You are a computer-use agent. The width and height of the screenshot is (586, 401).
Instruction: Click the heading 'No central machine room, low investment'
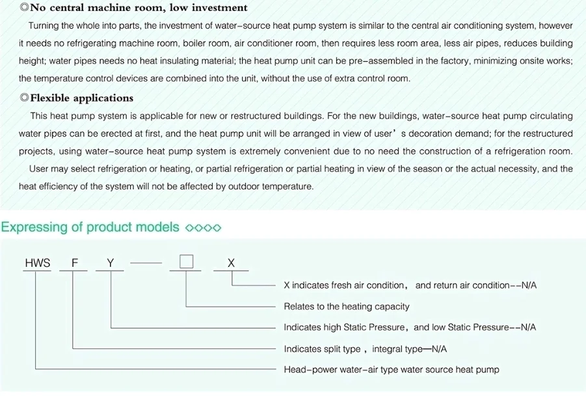[139, 8]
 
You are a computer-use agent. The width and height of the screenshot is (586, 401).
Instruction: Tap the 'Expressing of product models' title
[90, 227]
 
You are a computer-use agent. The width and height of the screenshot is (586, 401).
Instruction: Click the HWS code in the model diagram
[37, 263]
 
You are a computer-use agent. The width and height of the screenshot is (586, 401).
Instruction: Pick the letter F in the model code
[75, 263]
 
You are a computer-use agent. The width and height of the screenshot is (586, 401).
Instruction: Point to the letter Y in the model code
[111, 263]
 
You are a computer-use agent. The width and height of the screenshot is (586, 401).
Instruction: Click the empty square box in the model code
[187, 262]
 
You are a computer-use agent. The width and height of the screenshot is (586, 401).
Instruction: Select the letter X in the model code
[231, 263]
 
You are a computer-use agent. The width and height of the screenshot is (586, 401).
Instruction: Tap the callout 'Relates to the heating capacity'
[347, 307]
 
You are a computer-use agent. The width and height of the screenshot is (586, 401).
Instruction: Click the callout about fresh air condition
[410, 285]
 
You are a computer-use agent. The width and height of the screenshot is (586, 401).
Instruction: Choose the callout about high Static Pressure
[410, 327]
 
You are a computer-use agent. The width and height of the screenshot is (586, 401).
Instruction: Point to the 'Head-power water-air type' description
[392, 370]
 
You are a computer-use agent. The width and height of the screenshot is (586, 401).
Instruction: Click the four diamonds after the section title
[204, 228]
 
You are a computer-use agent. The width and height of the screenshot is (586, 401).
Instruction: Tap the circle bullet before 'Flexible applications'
[24, 98]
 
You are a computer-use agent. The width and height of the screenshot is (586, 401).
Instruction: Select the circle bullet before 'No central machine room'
[24, 8]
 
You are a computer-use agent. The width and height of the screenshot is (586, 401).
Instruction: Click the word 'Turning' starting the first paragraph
[44, 26]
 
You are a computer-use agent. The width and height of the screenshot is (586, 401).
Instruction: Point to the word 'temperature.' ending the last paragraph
[289, 186]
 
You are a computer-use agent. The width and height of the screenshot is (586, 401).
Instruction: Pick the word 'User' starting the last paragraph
[40, 169]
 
